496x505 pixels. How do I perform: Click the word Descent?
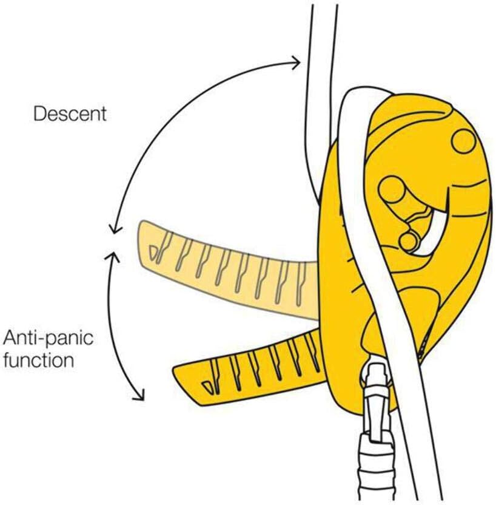pos(70,114)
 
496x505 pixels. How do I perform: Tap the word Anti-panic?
pos(49,337)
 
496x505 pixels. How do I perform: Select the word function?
pos(39,360)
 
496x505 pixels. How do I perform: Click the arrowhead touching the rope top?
pos(296,61)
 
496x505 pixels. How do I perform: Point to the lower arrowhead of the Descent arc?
pos(111,229)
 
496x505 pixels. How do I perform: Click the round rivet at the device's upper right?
pos(464,141)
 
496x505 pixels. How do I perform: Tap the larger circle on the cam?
pos(392,191)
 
